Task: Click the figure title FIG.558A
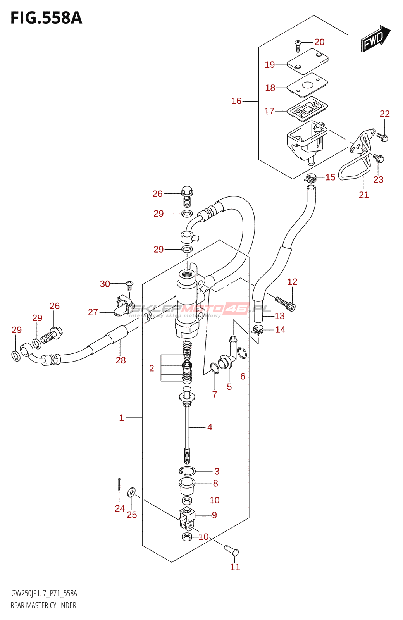tap(46, 18)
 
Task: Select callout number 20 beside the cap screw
tap(319, 42)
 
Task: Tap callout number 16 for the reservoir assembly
tap(236, 101)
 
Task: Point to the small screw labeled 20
tap(298, 46)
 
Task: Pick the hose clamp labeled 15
tap(310, 178)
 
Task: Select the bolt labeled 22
tap(383, 137)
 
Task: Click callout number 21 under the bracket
tap(363, 195)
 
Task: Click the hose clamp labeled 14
tap(257, 330)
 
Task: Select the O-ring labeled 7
tap(214, 368)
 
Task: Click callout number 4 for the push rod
tap(210, 427)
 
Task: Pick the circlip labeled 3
tap(187, 471)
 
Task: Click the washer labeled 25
tap(132, 493)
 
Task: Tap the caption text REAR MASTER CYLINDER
tap(43, 605)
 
